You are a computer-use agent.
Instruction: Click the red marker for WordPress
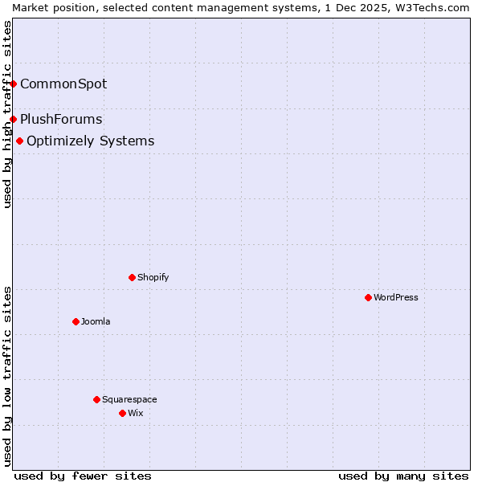pos(368,297)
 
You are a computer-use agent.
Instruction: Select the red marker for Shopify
pos(132,277)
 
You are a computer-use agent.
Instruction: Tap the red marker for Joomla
pos(76,321)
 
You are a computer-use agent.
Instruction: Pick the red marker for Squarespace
pos(96,399)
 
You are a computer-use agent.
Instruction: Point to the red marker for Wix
pos(122,413)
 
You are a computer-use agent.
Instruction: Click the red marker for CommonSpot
pos(13,84)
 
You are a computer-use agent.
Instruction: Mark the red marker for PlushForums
pos(13,119)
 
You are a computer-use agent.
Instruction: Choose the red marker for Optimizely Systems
pos(19,141)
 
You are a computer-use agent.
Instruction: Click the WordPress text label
pos(396,297)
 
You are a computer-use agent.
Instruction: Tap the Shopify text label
pos(153,277)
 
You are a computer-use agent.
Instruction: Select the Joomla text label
pos(96,321)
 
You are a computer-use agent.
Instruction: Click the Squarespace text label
pos(129,399)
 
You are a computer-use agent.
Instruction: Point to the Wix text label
pos(135,413)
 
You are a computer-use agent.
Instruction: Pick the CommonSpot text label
pos(63,84)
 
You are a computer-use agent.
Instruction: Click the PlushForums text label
pos(61,119)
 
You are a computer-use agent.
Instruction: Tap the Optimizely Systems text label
pos(90,141)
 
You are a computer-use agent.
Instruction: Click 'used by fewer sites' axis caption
pos(83,476)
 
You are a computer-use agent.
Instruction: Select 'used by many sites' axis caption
pos(403,476)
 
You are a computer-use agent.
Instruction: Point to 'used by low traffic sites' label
pos(7,376)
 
